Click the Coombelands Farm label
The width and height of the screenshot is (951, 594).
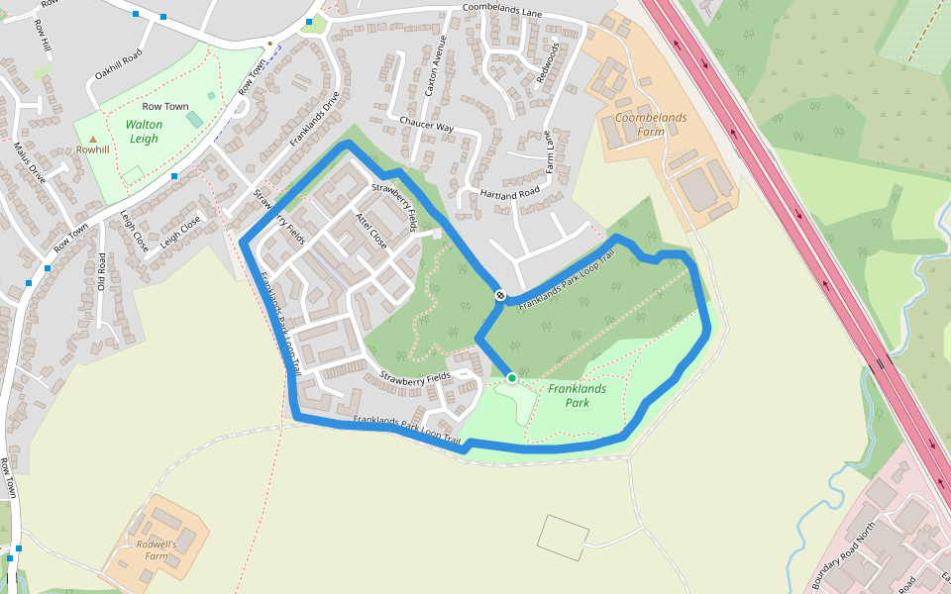[650, 125]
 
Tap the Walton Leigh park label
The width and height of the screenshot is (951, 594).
[144, 132]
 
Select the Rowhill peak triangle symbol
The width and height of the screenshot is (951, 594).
[93, 140]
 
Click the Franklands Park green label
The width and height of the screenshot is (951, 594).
[578, 396]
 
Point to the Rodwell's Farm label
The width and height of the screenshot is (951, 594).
[157, 550]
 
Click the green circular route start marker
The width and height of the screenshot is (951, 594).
[512, 378]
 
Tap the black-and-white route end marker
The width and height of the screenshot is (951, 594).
[501, 295]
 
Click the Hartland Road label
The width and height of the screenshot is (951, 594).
[509, 192]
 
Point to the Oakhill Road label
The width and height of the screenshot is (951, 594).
[119, 64]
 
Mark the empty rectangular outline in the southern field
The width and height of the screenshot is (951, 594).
[563, 537]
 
